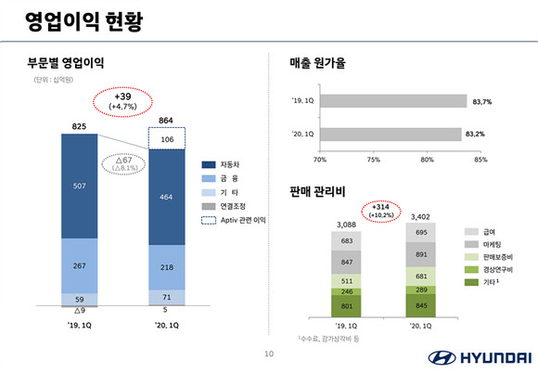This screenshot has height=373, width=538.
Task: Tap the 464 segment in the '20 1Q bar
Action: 167,197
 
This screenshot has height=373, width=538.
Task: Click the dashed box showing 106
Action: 167,139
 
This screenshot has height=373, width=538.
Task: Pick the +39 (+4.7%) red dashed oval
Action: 123,101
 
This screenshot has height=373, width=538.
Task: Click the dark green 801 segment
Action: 347,305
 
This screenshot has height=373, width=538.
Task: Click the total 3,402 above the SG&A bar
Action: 420,217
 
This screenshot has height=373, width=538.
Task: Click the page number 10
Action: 269,354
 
